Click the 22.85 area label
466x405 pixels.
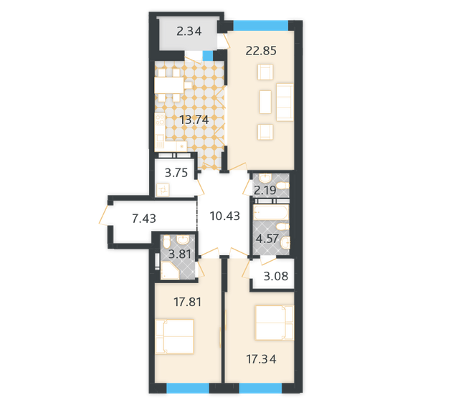coord(260,51)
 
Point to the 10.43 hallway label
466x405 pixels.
coord(224,216)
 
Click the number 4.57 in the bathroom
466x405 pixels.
coord(267,238)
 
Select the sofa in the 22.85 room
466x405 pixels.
coord(285,101)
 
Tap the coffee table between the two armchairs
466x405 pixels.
coord(265,101)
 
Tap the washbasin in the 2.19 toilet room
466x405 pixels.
coord(266,179)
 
